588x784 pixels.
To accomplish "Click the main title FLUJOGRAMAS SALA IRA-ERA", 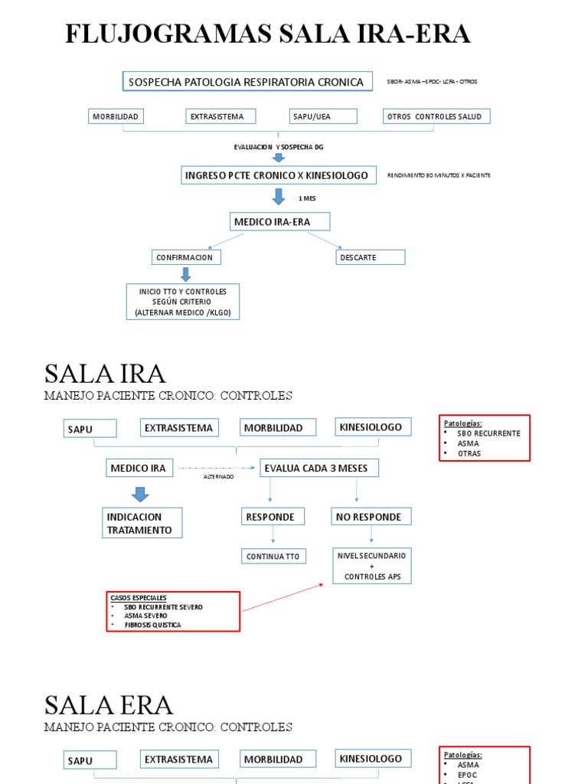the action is (267, 34).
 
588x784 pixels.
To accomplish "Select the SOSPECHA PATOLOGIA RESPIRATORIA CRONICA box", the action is (247, 81).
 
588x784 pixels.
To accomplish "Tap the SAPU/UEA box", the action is (323, 116).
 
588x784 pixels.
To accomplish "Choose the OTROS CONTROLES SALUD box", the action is (436, 116).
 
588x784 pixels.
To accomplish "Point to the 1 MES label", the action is (307, 198).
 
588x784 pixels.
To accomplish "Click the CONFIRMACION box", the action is (185, 257).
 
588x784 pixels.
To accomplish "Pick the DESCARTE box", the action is (370, 257).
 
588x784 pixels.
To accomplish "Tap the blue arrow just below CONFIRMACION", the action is (185, 274).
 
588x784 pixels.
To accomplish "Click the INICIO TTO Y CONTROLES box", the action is (183, 302).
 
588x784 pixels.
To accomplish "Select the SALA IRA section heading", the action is (105, 374).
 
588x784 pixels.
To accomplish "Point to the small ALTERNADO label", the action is (218, 476).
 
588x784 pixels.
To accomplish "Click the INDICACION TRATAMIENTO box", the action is (143, 523).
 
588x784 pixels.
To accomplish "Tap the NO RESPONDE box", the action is (371, 517).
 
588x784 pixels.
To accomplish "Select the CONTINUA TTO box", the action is (273, 557).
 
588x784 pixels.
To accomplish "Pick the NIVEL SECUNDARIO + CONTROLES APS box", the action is (371, 566).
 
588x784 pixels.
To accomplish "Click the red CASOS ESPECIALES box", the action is (173, 611).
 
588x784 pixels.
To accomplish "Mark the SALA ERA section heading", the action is (109, 704).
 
